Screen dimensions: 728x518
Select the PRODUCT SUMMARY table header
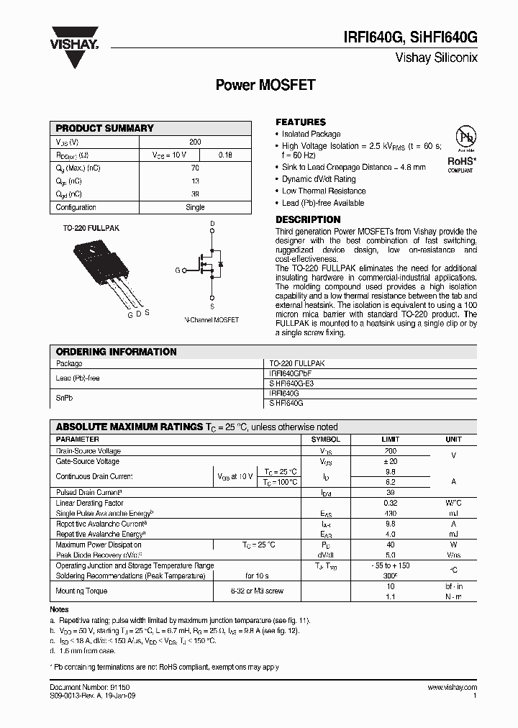[105, 128]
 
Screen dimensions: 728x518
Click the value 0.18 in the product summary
[225, 155]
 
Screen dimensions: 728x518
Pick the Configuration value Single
[195, 207]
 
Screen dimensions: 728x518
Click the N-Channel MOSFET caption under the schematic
[212, 319]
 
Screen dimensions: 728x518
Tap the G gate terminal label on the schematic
[177, 270]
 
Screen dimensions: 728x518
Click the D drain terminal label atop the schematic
[212, 224]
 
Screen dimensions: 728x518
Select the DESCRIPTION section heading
[308, 219]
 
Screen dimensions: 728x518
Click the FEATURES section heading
[301, 122]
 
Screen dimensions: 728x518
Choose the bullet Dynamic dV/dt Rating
[319, 179]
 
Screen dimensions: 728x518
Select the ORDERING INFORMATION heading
[117, 352]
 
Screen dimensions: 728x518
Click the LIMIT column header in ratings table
[391, 439]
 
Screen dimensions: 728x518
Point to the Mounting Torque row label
[81, 591]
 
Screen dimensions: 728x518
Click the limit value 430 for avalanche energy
[391, 514]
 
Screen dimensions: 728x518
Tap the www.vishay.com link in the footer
[452, 688]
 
